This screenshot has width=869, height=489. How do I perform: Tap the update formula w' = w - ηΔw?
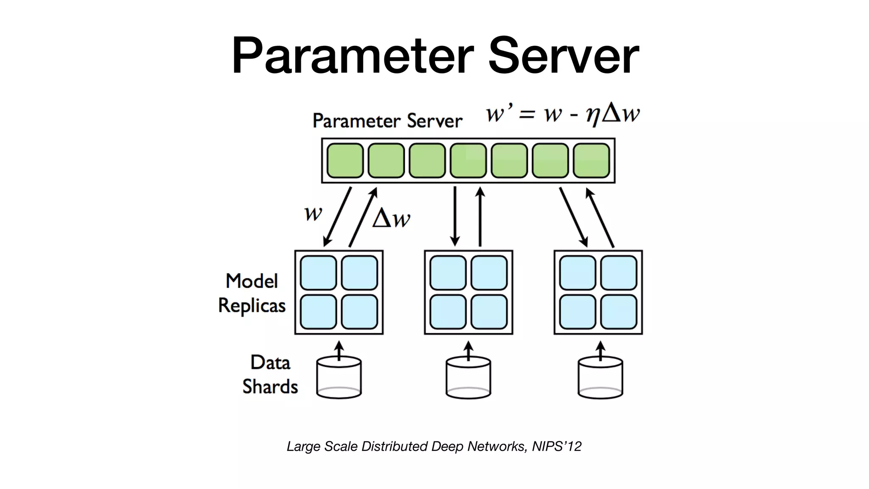(x=562, y=114)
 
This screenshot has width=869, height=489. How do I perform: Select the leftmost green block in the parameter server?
(x=345, y=160)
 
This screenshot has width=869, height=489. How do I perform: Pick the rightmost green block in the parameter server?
(x=591, y=160)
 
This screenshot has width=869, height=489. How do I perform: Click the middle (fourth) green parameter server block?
(x=468, y=160)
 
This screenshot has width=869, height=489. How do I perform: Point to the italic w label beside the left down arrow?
(x=314, y=213)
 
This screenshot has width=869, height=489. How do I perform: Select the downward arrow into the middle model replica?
(x=455, y=216)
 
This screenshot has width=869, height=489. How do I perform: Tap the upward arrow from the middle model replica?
(x=480, y=216)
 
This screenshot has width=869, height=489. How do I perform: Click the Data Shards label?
(x=270, y=374)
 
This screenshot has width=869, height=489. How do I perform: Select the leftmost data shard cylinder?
(x=339, y=377)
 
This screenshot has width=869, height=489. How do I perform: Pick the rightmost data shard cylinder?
(x=600, y=377)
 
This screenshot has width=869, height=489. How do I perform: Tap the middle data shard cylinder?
(x=468, y=377)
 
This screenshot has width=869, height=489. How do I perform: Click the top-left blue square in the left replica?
(x=318, y=273)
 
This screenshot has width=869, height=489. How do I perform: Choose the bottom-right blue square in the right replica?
(x=619, y=312)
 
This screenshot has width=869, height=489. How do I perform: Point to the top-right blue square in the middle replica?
(x=489, y=273)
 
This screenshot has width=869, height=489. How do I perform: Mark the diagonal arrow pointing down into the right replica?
(x=573, y=217)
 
